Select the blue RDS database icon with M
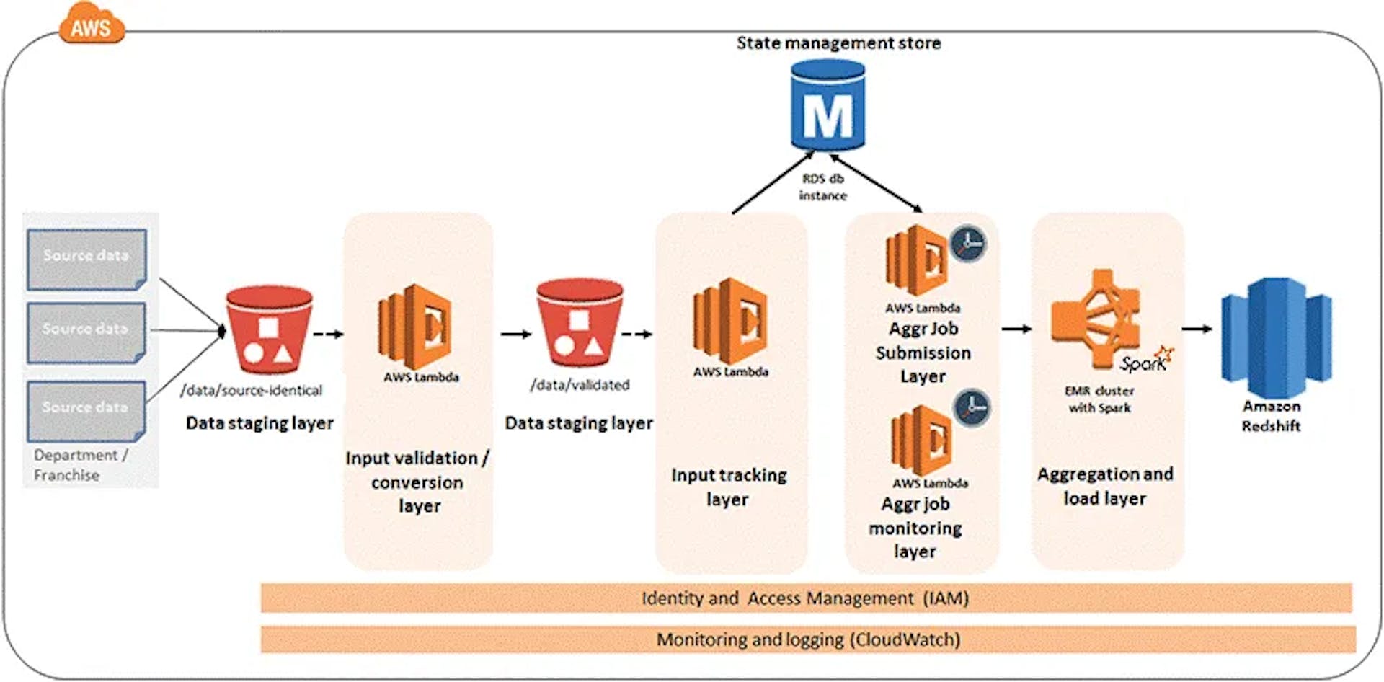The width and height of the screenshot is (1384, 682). click(x=828, y=106)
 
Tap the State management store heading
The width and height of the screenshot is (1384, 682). click(x=838, y=43)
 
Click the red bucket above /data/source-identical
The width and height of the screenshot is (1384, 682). click(x=269, y=329)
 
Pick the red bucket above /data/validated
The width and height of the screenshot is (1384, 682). click(x=580, y=323)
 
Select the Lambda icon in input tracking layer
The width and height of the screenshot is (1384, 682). click(x=729, y=322)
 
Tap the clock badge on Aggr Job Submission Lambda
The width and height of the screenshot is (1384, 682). click(x=967, y=244)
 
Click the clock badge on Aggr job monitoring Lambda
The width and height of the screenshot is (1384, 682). click(x=972, y=407)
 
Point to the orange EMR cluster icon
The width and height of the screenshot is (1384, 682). click(x=1096, y=318)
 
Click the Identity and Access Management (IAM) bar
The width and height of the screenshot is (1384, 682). click(x=806, y=598)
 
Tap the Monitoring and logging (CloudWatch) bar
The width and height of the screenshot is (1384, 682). click(x=807, y=639)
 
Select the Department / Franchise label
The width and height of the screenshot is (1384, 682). click(x=80, y=465)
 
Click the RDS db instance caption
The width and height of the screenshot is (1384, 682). click(x=822, y=187)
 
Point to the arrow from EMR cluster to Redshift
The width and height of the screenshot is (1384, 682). click(x=1197, y=329)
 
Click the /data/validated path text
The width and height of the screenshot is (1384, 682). click(x=580, y=385)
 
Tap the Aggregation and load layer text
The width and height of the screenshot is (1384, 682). click(x=1105, y=486)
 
